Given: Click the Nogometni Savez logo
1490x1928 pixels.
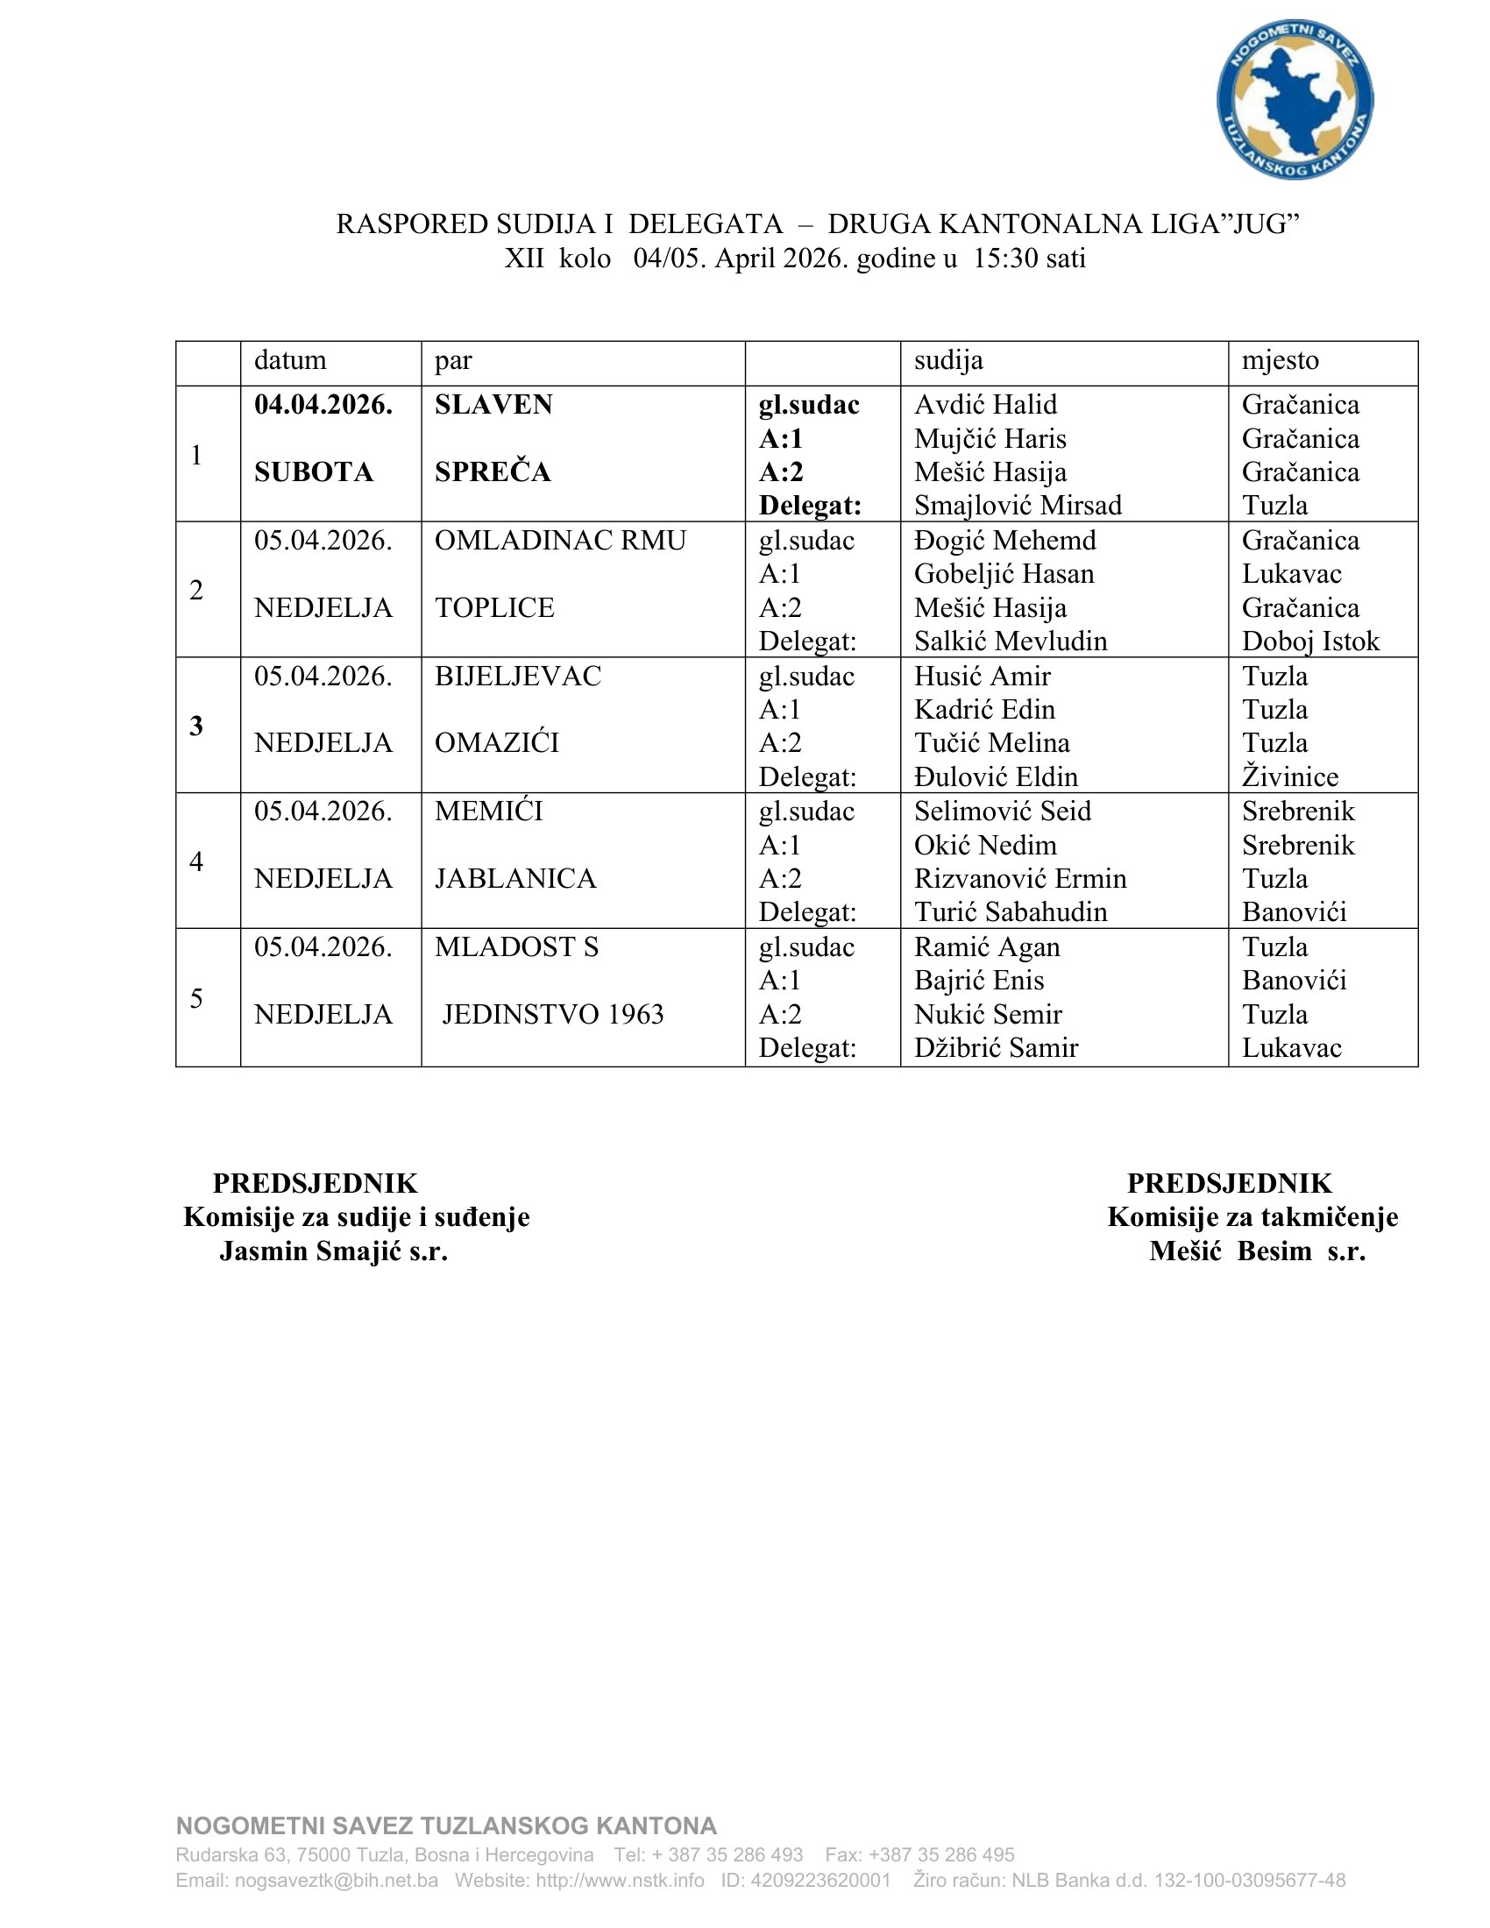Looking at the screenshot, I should [x=1294, y=99].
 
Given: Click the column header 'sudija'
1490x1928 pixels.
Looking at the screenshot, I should [x=948, y=360].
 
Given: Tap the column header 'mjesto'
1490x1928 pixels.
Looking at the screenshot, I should [x=1280, y=360].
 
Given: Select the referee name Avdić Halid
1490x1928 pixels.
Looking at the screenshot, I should [x=985, y=404].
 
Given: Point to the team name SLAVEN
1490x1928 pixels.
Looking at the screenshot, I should [x=493, y=404].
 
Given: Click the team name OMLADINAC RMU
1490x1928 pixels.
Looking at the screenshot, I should [x=560, y=540].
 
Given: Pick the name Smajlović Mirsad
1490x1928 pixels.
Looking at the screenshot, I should [x=1018, y=505].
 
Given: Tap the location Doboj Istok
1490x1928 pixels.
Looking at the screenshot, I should [x=1310, y=641].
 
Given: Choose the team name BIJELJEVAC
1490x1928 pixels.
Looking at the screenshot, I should [x=517, y=677].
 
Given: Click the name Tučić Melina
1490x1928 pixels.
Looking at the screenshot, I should [x=991, y=742].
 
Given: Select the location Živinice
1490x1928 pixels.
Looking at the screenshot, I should [x=1289, y=776].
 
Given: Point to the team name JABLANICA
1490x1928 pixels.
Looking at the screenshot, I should [x=515, y=878].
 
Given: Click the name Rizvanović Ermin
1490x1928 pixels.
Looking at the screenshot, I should [x=1020, y=878].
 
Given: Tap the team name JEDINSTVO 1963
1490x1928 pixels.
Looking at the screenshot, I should [x=552, y=1014].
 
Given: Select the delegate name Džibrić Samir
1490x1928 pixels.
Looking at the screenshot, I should [x=996, y=1048].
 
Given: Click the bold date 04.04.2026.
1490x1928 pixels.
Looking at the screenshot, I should [x=323, y=404].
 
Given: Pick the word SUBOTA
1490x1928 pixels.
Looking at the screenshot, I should [x=314, y=472].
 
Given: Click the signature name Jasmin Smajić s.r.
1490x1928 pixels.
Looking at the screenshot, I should [x=334, y=1251].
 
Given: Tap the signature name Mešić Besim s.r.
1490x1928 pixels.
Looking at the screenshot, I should [x=1257, y=1251].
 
